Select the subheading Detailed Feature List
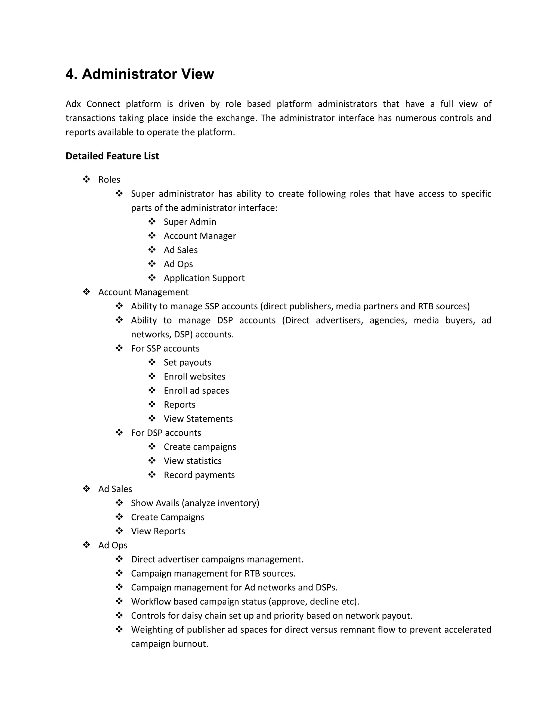coord(112,156)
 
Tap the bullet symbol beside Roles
coord(86,179)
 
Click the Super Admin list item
coord(190,222)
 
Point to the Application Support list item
coord(204,278)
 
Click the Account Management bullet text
coord(143,292)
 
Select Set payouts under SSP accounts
coord(187,362)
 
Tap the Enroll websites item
coord(194,376)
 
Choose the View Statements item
coord(198,419)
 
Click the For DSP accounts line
coord(166,433)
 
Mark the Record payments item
coord(199,475)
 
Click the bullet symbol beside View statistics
coord(152,461)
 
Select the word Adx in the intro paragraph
coord(73,104)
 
